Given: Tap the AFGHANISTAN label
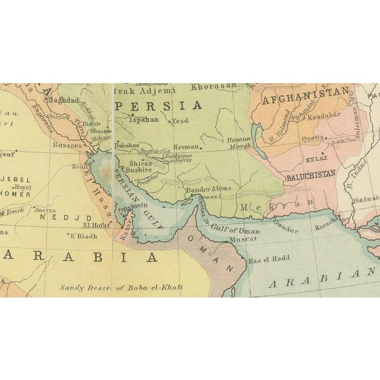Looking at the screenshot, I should pyautogui.click(x=305, y=92).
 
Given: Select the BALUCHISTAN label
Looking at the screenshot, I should pyautogui.click(x=311, y=174).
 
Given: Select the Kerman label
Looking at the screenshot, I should pyautogui.click(x=186, y=146).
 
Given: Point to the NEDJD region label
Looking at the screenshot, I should pyautogui.click(x=50, y=218).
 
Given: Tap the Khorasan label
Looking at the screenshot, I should pyautogui.click(x=214, y=86).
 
